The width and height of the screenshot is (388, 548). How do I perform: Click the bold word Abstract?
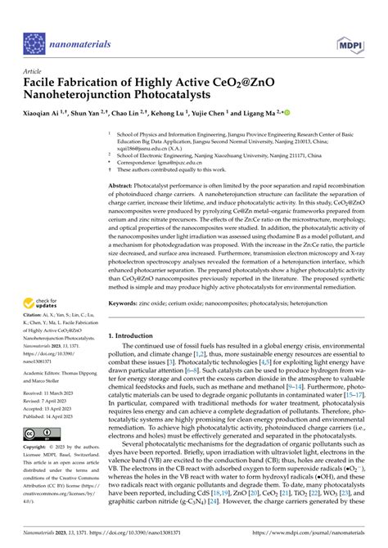point(121,187)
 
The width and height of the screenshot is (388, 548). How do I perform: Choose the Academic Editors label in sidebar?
point(46,369)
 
